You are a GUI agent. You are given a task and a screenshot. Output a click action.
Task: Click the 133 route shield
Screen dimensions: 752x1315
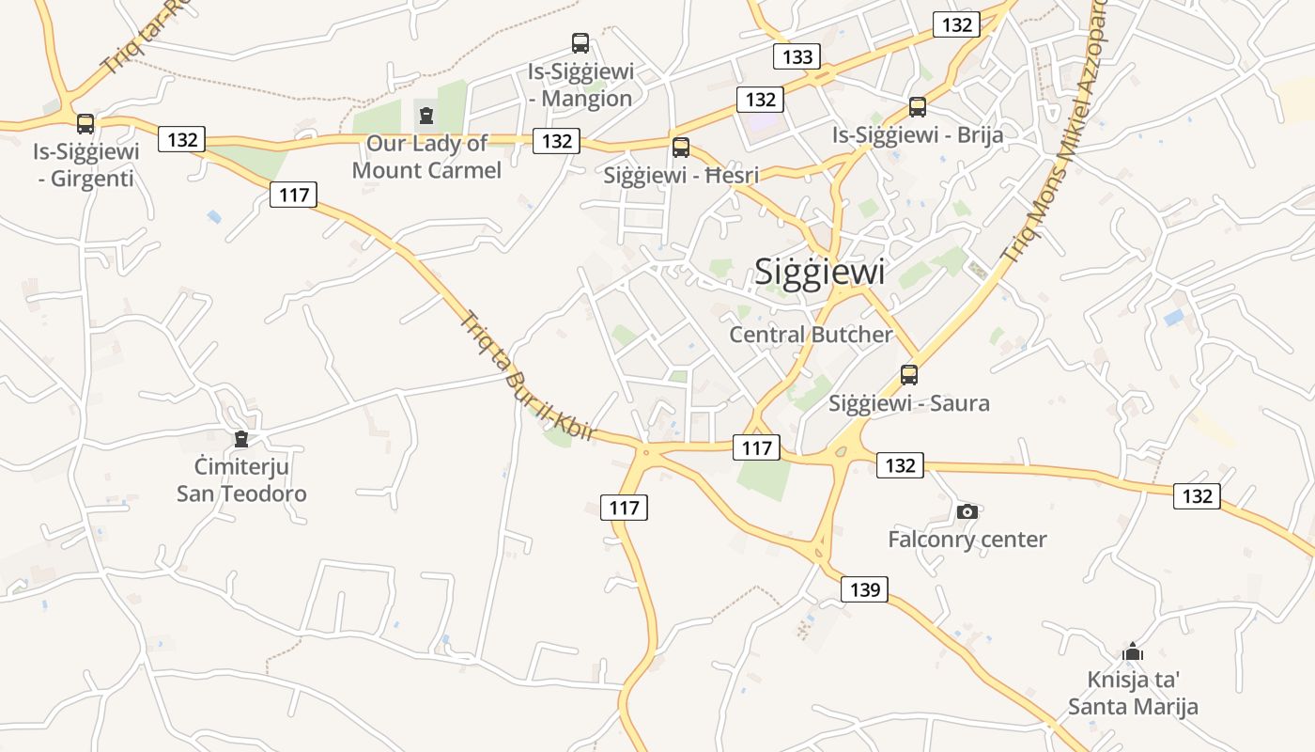pos(797,56)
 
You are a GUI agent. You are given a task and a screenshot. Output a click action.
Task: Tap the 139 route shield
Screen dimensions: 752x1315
pos(864,589)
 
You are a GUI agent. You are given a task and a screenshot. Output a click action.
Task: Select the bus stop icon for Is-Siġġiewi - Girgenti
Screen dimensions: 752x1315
pos(85,123)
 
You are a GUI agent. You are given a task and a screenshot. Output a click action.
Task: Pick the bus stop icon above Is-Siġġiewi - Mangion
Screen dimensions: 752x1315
pos(580,42)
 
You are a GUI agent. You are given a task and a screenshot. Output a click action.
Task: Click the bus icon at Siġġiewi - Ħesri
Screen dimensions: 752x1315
pos(681,147)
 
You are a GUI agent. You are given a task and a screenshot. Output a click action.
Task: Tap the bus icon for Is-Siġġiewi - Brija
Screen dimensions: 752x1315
pos(918,107)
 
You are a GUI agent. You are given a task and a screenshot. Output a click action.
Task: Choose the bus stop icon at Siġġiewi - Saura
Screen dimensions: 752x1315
pos(909,375)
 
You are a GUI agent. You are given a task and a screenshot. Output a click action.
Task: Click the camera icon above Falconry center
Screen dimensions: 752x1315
pos(967,511)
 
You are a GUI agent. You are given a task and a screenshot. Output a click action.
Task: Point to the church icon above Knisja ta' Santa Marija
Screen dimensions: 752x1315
pos(1134,651)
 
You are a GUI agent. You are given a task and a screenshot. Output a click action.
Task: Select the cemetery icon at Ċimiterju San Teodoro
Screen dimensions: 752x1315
pos(241,439)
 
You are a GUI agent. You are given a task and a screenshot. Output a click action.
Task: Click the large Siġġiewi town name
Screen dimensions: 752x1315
pos(820,272)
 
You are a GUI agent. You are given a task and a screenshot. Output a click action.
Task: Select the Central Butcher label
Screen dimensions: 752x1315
pos(812,335)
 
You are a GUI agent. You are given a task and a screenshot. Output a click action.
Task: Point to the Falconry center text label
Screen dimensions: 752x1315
pos(967,540)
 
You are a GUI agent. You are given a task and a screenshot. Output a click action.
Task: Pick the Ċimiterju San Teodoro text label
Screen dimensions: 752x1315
pos(241,479)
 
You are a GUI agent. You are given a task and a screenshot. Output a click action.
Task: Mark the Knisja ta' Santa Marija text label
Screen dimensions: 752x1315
pos(1134,693)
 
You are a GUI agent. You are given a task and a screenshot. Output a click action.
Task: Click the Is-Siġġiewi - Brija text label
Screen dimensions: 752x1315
pos(918,135)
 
